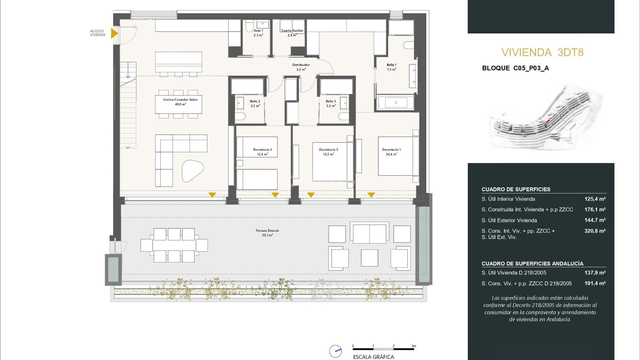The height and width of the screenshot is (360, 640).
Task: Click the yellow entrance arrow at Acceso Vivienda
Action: point(114,33)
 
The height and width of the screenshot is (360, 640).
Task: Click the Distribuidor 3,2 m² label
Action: point(301,67)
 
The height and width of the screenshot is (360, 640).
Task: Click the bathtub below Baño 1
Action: point(396,102)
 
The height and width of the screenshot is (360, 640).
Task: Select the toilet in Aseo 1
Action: point(249,26)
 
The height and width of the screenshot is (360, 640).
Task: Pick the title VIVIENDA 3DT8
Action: point(542,52)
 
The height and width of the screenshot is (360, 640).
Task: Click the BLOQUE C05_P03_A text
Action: point(515,68)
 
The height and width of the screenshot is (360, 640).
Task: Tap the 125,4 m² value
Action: point(595,199)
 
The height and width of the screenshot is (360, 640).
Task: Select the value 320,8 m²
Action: point(595,231)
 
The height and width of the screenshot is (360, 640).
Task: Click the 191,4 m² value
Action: point(595,283)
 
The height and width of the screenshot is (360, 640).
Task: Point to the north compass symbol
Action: point(335,351)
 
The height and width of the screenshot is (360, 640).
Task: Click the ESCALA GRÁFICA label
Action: point(373,357)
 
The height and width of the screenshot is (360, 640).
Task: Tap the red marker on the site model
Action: point(548,121)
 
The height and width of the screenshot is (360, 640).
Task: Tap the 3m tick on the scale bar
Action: point(414,346)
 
